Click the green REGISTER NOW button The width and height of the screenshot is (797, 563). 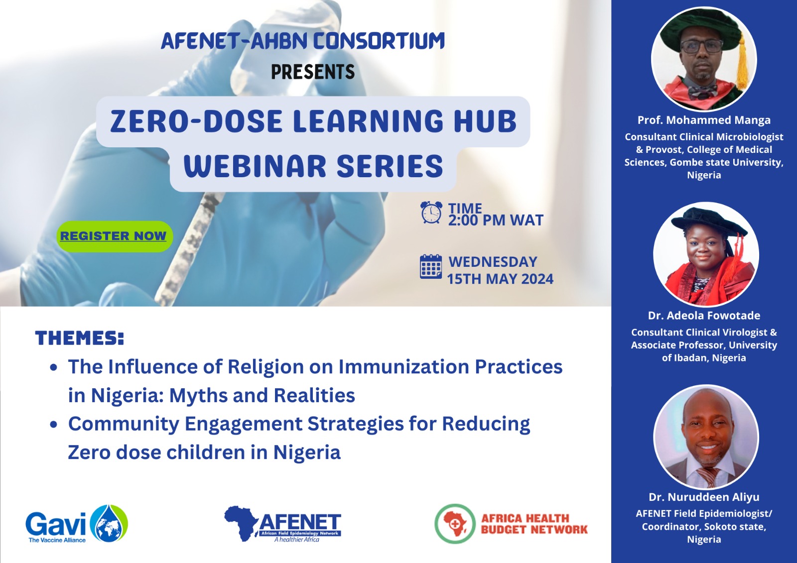115,236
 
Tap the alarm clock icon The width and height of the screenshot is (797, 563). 431,213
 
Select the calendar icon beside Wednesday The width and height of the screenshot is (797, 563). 431,267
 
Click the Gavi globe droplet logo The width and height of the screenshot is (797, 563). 109,523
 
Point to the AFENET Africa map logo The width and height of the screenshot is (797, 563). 241,524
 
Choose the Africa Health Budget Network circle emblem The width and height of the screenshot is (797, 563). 455,524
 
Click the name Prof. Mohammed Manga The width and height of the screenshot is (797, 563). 704,120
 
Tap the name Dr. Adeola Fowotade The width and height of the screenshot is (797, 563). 704,316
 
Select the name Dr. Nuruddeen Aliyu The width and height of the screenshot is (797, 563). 704,497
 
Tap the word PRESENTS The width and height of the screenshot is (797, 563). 313,72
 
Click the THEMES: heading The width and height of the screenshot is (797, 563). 79,338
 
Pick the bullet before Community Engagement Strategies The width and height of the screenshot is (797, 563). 54,424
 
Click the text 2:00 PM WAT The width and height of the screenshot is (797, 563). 496,220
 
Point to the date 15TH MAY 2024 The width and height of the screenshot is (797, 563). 500,279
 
